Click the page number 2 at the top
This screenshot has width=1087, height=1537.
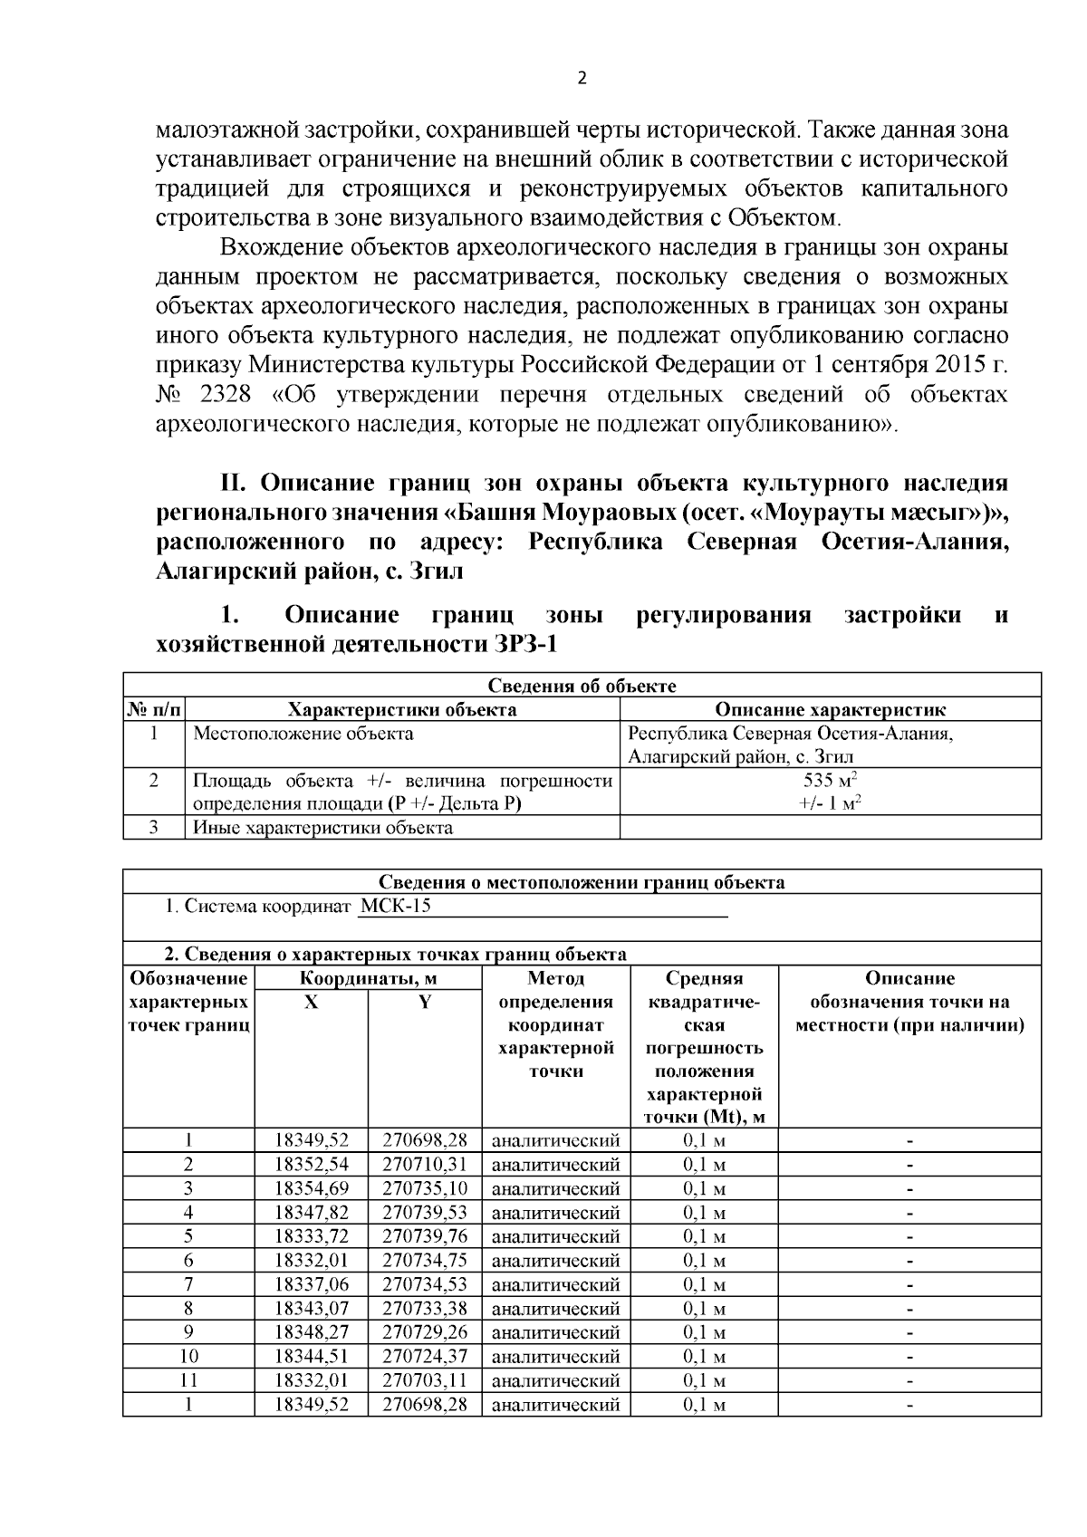click(582, 78)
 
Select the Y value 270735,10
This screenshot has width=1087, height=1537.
click(425, 1187)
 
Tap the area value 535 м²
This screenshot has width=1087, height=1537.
click(830, 780)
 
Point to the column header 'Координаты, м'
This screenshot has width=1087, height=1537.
click(369, 978)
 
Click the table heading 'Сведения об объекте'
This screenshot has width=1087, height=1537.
click(582, 686)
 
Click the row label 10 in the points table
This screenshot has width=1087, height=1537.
click(188, 1356)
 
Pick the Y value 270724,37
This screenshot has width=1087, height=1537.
click(425, 1356)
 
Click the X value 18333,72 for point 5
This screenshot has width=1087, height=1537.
click(312, 1235)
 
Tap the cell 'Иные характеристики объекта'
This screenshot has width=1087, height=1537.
click(322, 828)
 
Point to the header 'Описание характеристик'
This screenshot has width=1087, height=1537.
click(830, 709)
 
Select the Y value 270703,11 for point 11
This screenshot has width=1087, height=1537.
click(425, 1380)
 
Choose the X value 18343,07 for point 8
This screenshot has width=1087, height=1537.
click(312, 1308)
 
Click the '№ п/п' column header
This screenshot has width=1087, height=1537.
click(154, 709)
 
